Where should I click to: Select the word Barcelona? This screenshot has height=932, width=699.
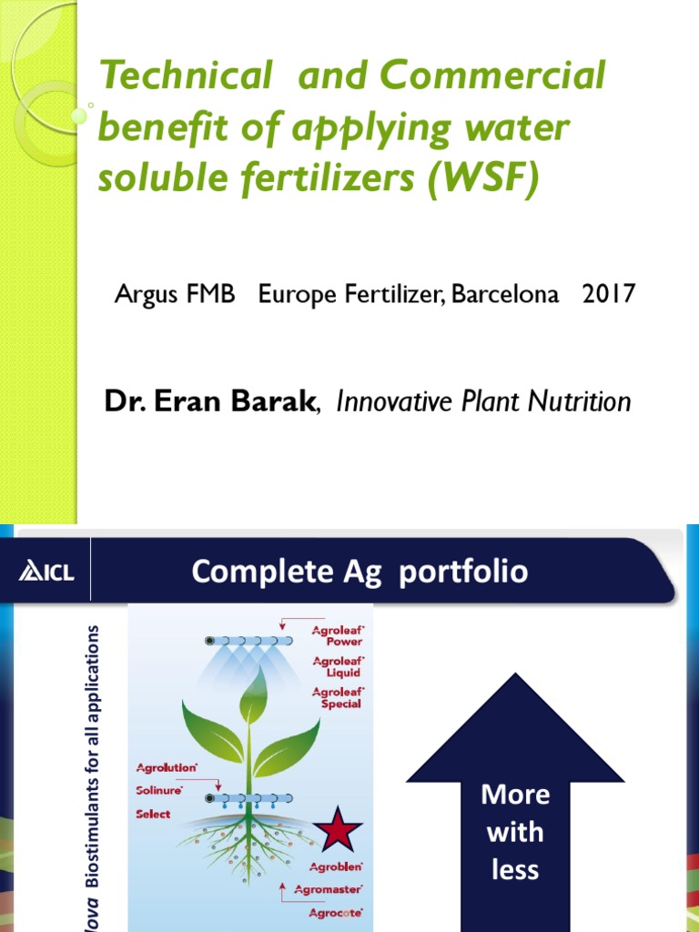(x=506, y=295)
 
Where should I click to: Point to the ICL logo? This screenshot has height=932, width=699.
(x=48, y=572)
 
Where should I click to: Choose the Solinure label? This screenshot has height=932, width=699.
(x=159, y=791)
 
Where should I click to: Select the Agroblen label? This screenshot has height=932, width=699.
(x=336, y=866)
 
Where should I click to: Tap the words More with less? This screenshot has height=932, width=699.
(x=515, y=832)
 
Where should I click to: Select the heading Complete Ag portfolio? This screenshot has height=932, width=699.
(x=360, y=572)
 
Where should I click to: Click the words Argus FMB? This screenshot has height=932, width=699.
(x=173, y=295)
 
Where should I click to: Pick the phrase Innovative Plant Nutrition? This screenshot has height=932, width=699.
(x=483, y=401)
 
